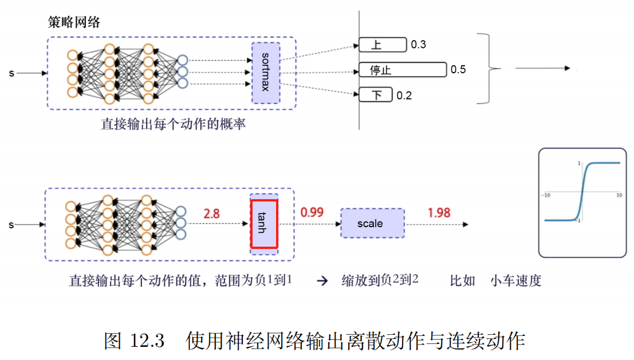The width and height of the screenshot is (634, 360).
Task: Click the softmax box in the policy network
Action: click(266, 73)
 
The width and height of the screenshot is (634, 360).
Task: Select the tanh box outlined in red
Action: click(264, 223)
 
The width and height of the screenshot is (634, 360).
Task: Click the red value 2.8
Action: click(212, 213)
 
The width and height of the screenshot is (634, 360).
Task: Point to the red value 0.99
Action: click(312, 212)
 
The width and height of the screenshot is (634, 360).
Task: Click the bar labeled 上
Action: click(382, 45)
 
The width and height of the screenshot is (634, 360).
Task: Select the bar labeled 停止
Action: click(402, 70)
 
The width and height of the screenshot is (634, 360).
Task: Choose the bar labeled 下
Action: click(376, 95)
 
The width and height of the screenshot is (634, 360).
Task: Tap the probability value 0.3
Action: click(419, 45)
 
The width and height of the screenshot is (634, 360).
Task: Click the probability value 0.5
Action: click(458, 70)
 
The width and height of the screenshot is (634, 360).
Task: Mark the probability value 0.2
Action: click(404, 96)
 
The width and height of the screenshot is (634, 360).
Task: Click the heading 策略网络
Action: click(74, 22)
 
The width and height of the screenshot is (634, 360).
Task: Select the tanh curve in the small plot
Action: click(582, 192)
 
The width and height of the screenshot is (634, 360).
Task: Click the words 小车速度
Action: click(515, 281)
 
